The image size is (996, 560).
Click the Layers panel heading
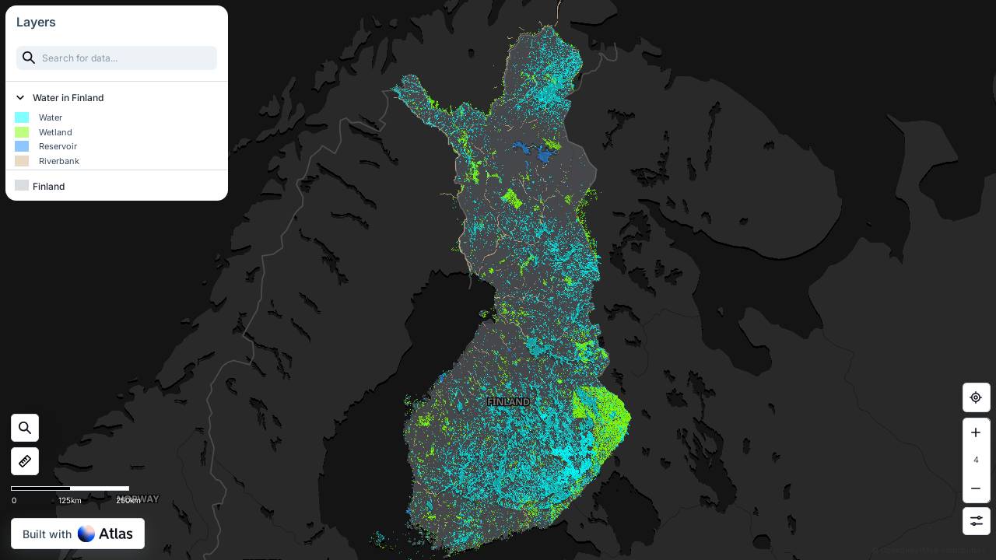pos(36,22)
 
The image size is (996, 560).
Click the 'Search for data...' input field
pos(124,58)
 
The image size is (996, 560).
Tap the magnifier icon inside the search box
pos(29,58)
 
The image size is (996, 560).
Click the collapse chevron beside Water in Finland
pos(21,98)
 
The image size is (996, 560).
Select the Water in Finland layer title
pos(68,98)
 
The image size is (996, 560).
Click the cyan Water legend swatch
pos(22,117)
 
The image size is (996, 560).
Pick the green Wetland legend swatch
pos(22,132)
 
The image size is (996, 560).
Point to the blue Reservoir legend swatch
pos(22,146)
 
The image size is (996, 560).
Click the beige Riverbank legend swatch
pos(22,161)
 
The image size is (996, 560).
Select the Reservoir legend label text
pos(58,146)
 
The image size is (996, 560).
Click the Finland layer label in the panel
pos(48,187)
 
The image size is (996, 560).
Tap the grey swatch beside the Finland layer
pos(22,186)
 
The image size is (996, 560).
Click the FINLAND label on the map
pos(508,402)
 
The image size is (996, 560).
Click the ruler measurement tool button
pos(25,461)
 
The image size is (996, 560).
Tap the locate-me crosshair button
pos(976,397)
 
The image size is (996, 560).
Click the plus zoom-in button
pos(976,432)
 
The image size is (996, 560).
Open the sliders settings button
pos(976,521)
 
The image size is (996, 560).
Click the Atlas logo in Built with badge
pos(106,534)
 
